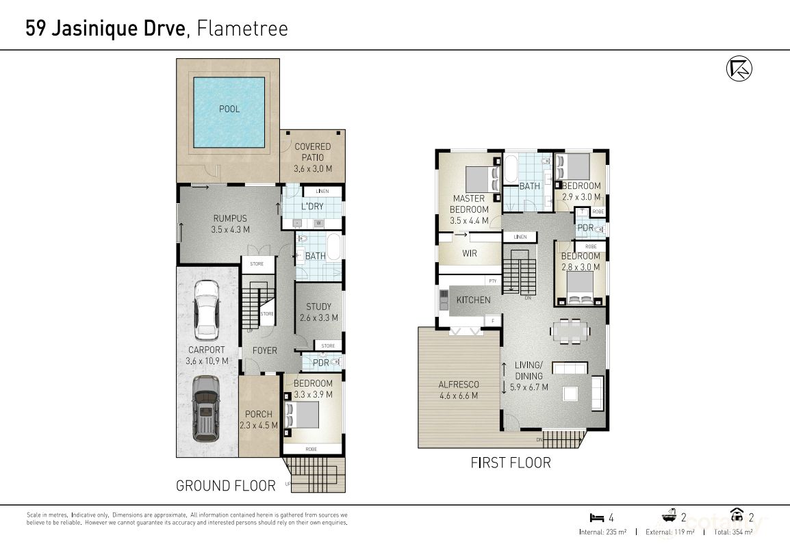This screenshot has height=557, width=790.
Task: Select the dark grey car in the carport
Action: coord(205,409)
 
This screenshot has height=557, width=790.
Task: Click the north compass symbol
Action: coord(739,68)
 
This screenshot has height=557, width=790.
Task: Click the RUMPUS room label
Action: coord(229,224)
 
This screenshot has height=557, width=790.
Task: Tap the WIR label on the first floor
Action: coord(470,253)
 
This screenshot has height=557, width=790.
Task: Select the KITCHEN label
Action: coord(473,300)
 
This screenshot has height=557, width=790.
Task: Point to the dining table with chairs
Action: coord(570,332)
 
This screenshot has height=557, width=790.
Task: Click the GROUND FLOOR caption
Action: coord(225,486)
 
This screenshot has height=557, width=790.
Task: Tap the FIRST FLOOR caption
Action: coord(510,463)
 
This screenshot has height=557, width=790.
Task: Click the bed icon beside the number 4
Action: coord(595,517)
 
